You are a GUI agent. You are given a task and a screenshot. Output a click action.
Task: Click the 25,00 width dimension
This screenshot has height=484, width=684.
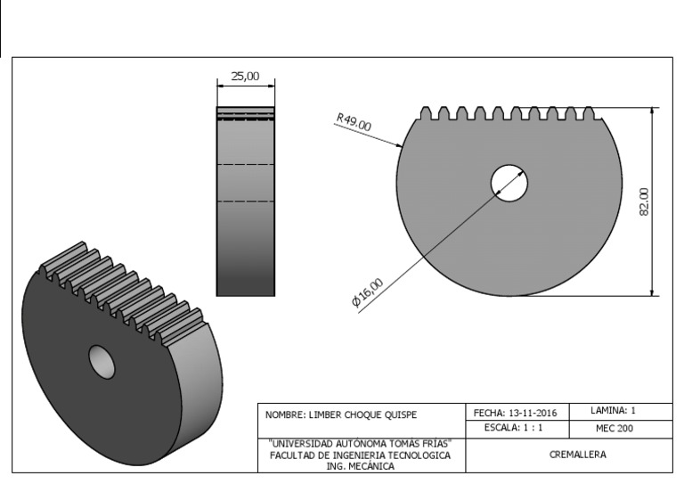click(x=245, y=77)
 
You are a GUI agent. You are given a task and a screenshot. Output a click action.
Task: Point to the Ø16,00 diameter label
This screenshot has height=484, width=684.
click(x=368, y=293)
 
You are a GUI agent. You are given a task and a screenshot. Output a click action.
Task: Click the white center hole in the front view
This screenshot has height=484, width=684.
click(x=509, y=184)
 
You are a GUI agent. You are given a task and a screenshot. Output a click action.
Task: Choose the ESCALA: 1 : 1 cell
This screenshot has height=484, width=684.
click(x=514, y=429)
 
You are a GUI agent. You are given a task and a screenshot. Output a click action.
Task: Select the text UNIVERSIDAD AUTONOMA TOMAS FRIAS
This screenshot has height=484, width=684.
click(x=360, y=443)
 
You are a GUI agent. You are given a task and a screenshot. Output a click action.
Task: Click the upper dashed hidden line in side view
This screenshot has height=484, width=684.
click(x=246, y=165)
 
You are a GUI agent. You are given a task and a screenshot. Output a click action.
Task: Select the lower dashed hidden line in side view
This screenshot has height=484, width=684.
click(x=246, y=202)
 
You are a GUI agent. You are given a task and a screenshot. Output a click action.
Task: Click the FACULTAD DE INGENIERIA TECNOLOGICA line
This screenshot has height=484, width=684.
click(x=360, y=455)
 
